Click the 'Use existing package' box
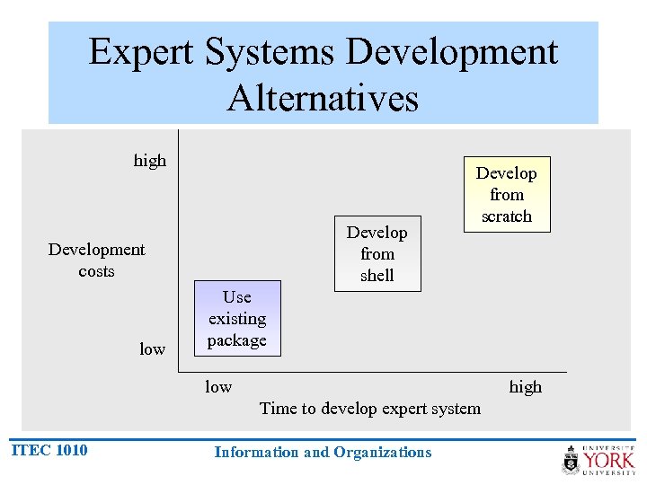(x=237, y=319)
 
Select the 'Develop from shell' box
(x=377, y=254)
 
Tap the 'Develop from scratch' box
(x=506, y=195)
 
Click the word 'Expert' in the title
(x=142, y=53)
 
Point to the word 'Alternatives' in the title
(x=323, y=98)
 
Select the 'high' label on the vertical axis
(x=150, y=161)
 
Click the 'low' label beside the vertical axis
(x=152, y=349)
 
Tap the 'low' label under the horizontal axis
(x=218, y=387)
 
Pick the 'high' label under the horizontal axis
(x=526, y=387)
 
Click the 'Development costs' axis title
(x=96, y=260)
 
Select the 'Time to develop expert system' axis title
(x=369, y=409)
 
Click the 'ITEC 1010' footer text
(x=49, y=451)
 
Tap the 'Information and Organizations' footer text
(x=323, y=453)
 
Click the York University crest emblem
(x=572, y=461)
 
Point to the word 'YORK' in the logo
(x=608, y=461)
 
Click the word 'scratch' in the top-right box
(x=506, y=216)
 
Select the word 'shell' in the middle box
(x=377, y=276)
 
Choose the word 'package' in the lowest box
(x=237, y=340)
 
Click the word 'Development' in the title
(x=451, y=53)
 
